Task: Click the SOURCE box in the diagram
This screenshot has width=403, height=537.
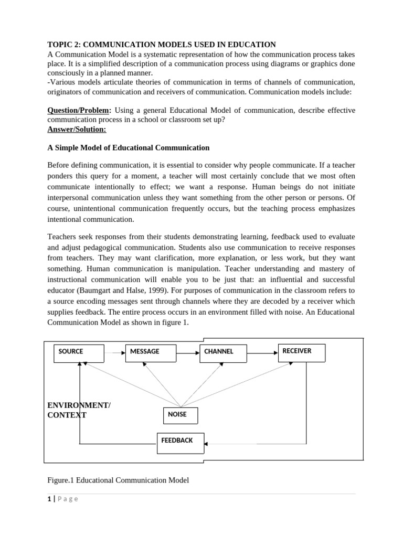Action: coord(79,354)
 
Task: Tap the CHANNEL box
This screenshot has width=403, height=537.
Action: coord(223,354)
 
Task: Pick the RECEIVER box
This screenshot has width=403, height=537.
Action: coord(301,353)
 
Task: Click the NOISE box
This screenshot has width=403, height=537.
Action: coord(181,415)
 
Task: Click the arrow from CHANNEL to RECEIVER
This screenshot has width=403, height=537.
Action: coord(262,353)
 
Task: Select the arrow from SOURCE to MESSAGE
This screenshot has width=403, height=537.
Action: coord(114,353)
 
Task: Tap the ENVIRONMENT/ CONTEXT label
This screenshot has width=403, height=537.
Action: coord(79,410)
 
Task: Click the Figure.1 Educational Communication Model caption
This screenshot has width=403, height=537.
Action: coord(118,480)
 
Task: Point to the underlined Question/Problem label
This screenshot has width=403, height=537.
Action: coord(79,110)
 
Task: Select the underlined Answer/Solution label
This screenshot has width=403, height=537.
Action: coord(77,129)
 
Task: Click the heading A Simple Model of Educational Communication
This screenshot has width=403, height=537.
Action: coord(129,148)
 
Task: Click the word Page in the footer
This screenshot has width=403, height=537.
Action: coord(68,499)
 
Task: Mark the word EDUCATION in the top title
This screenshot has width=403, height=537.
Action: coord(249,45)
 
